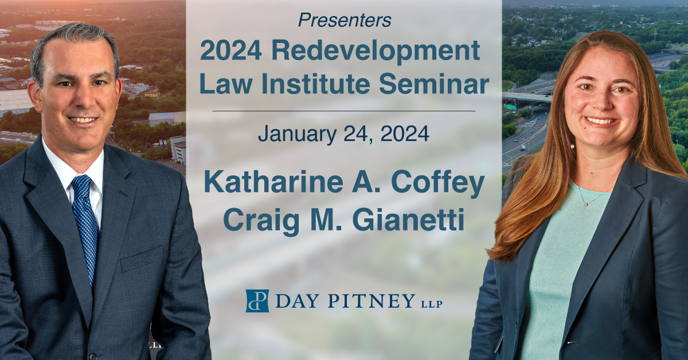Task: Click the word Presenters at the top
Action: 345,21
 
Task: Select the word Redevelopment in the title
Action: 376,52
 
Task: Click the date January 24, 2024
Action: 343,134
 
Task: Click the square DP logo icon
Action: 257,300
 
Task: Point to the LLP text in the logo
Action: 431,303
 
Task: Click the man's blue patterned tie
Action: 85,224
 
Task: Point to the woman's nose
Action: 599,105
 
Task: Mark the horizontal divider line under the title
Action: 343,110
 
